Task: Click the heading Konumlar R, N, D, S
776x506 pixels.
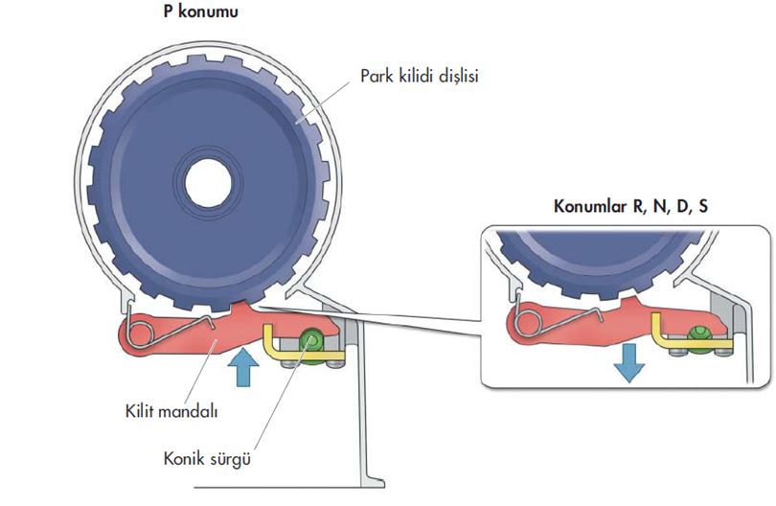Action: pos(631,205)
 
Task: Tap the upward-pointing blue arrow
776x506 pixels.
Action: pos(244,370)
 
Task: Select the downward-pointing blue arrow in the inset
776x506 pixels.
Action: pos(628,362)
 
